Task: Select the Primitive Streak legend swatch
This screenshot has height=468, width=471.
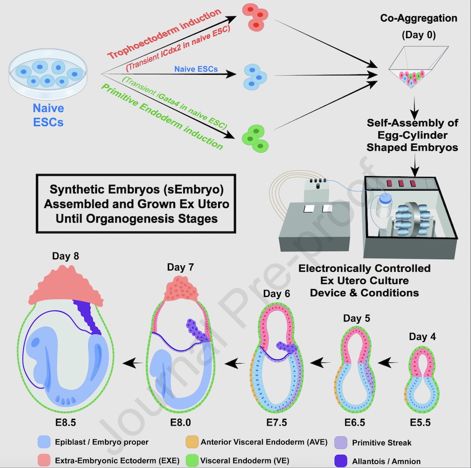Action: (x=341, y=442)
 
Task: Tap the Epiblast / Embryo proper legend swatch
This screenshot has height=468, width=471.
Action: (x=44, y=442)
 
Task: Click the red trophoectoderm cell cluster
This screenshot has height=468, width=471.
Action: (x=254, y=16)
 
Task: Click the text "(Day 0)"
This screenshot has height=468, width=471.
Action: (x=419, y=35)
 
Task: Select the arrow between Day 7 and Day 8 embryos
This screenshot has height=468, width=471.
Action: (x=133, y=362)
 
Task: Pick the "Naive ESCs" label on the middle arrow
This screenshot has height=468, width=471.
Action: (x=196, y=69)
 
